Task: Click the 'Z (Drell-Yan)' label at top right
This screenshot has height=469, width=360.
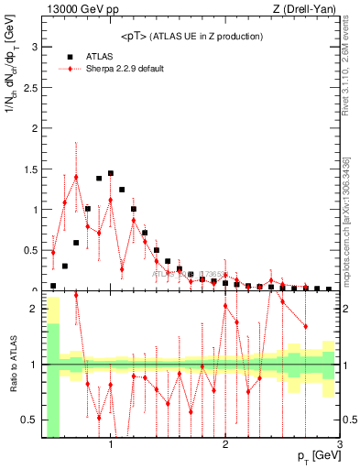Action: [307, 9]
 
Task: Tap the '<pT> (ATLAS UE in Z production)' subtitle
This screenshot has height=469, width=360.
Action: [191, 36]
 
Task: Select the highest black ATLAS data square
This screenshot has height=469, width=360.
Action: [111, 173]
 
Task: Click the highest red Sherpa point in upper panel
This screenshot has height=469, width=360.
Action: [76, 177]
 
